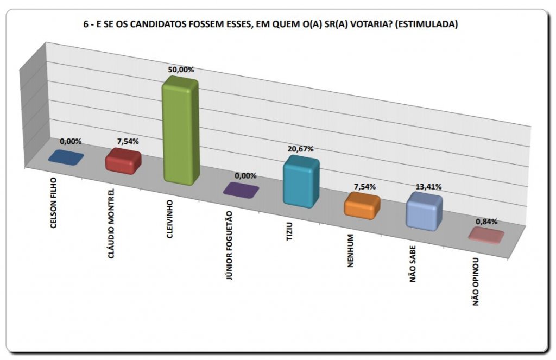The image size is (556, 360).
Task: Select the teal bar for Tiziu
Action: [x=301, y=182]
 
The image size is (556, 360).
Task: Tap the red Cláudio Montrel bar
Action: [x=123, y=161]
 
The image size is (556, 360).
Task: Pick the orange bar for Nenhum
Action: [x=362, y=206]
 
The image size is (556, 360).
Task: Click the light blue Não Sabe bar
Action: [x=424, y=211]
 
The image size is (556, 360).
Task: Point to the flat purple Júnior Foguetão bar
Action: [x=241, y=190]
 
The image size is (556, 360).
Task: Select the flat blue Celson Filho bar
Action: [x=66, y=157]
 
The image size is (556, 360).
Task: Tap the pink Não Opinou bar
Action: [x=487, y=235]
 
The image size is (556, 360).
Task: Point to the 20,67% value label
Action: [x=301, y=149]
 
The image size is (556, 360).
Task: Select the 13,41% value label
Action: [x=428, y=187]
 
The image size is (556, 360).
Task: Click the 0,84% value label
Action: [x=486, y=222]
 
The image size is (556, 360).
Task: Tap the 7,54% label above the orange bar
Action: [x=365, y=187]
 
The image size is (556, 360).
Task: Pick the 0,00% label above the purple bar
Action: [x=245, y=176]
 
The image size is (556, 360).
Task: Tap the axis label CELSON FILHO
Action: [x=53, y=205]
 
